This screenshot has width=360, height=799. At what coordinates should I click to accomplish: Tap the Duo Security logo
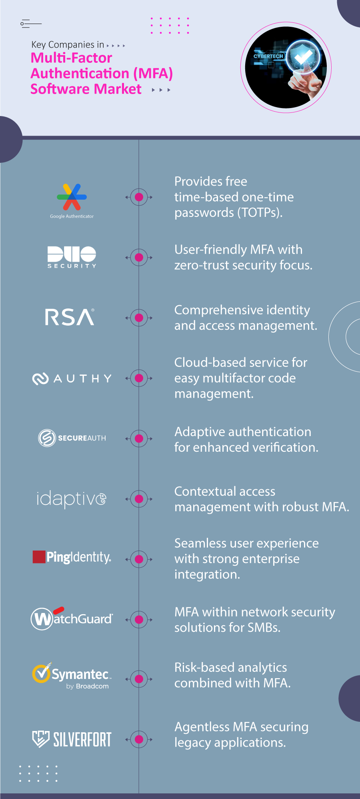pos(72,256)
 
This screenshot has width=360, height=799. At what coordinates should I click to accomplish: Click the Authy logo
pos(72,378)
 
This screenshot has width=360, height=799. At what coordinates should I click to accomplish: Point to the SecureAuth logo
pos(72,438)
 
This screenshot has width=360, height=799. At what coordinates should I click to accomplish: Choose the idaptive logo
pos(71,499)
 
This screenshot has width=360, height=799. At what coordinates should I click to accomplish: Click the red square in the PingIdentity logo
pos(39,557)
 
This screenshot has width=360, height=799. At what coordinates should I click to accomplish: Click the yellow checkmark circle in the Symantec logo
pos(41,673)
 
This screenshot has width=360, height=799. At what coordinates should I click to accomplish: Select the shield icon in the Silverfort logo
pos(40,739)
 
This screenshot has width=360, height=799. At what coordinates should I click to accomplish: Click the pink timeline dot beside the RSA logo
pos(139,318)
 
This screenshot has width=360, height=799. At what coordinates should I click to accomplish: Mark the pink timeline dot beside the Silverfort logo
pos(139,739)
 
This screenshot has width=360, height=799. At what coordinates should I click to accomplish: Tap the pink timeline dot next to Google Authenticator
pos(139,197)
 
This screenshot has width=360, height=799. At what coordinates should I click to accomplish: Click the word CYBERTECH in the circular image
pos(268,56)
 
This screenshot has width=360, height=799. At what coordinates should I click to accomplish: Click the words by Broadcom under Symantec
pos(88,686)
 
